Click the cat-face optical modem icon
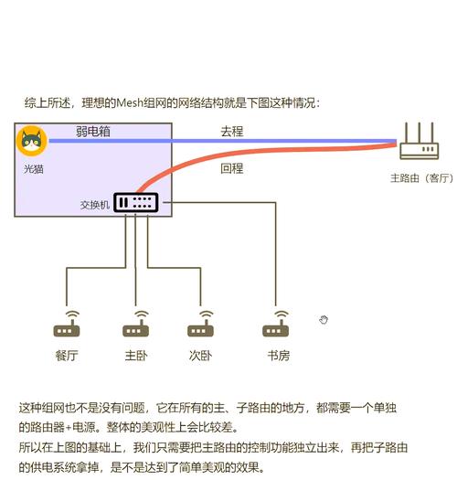pos(32,143)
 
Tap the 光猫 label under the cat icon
pos(33,170)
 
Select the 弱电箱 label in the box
pos(93,132)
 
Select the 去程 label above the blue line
pos(232,131)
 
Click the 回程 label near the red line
pos(232,169)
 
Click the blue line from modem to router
pos(228,142)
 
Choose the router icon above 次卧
pos(201,325)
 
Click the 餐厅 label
pos(67,356)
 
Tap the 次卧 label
pos(201,356)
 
